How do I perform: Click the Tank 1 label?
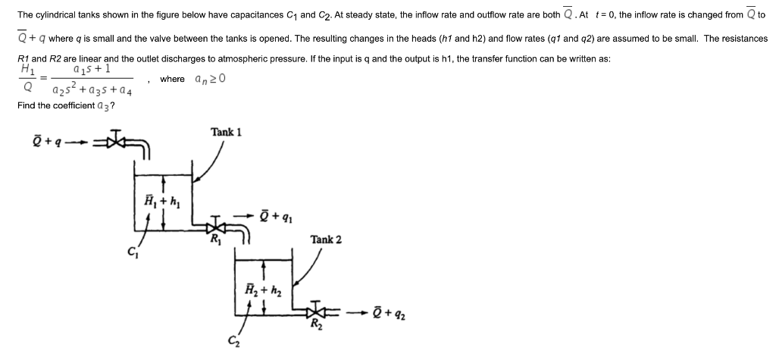(x=227, y=132)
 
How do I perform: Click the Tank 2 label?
(x=326, y=239)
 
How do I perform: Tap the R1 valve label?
(x=215, y=243)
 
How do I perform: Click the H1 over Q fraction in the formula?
(x=28, y=78)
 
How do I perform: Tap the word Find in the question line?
(x=27, y=104)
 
